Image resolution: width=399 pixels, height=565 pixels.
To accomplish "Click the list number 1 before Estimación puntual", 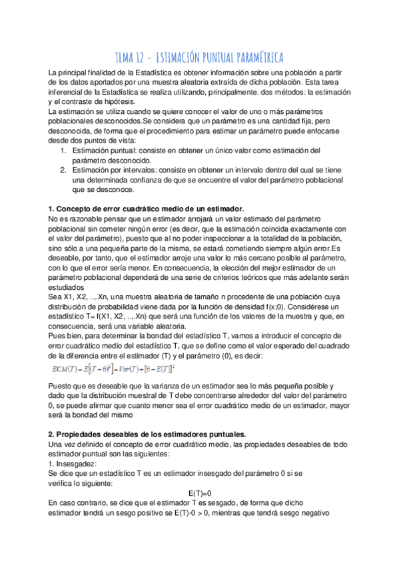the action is point(63,151).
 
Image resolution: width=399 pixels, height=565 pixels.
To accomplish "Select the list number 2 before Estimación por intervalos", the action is point(63,171).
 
